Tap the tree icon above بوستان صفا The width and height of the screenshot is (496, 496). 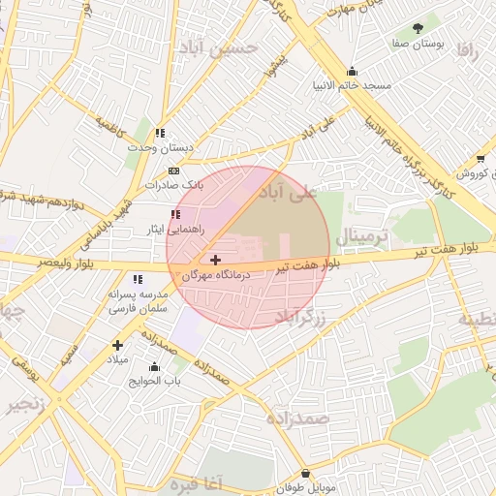tap(418, 28)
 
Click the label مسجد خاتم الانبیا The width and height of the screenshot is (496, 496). tap(351, 86)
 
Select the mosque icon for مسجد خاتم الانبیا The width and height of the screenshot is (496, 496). tap(351, 71)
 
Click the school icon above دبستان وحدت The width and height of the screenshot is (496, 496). tap(160, 133)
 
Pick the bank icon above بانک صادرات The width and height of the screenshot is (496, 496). tap(173, 170)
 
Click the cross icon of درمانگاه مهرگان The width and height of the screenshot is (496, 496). tap(214, 260)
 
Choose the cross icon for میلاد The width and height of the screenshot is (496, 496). tap(118, 345)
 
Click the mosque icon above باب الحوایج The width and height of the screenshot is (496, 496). tap(153, 366)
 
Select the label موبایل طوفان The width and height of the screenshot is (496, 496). tap(308, 487)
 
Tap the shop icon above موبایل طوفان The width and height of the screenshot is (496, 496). tap(307, 474)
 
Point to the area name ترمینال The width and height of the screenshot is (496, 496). tap(361, 235)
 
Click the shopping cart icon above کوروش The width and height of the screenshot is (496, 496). tap(480, 159)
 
